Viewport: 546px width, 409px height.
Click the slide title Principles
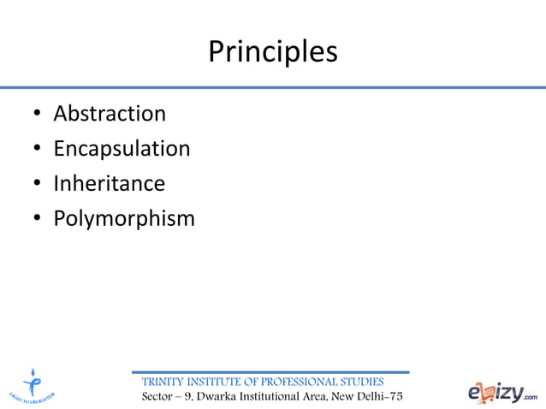point(273,52)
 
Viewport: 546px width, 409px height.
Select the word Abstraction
point(110,114)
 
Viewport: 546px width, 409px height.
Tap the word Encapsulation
point(122,149)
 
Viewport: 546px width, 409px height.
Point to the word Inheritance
point(109,184)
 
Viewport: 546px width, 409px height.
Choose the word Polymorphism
point(124,219)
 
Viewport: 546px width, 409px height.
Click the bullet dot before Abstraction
point(37,115)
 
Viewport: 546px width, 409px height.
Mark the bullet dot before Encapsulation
point(37,150)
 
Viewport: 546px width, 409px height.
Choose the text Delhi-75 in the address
point(379,397)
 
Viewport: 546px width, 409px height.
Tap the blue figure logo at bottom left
point(32,383)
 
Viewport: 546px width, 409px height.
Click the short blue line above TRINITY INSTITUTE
point(270,372)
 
